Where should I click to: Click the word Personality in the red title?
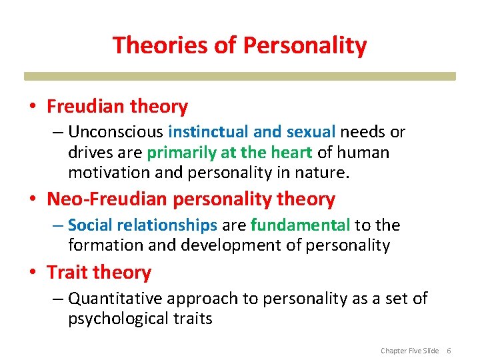point(305,45)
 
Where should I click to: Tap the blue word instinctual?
point(209,132)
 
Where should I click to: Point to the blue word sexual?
point(310,132)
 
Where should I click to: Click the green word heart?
point(290,152)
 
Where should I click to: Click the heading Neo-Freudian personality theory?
point(191,199)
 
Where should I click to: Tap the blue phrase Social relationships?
point(143,225)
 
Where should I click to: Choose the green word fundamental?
point(300,225)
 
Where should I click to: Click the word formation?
point(105,245)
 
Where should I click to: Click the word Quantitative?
point(115,299)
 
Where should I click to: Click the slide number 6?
point(449,351)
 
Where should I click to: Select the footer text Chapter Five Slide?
point(409,351)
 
